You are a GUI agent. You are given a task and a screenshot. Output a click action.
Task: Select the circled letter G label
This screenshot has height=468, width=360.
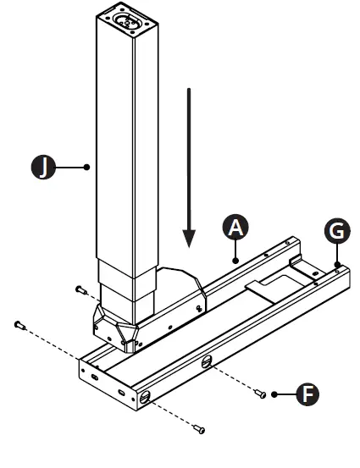pyautogui.click(x=335, y=231)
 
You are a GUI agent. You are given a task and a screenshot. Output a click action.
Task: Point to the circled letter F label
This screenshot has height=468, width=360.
pyautogui.click(x=311, y=393)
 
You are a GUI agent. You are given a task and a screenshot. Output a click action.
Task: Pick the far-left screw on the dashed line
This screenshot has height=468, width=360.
pyautogui.click(x=19, y=325)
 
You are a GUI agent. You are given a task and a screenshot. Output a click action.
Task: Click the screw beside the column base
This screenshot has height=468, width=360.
pyautogui.click(x=80, y=289)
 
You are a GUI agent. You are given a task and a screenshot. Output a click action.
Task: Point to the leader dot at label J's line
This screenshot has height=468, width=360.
pyautogui.click(x=88, y=168)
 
